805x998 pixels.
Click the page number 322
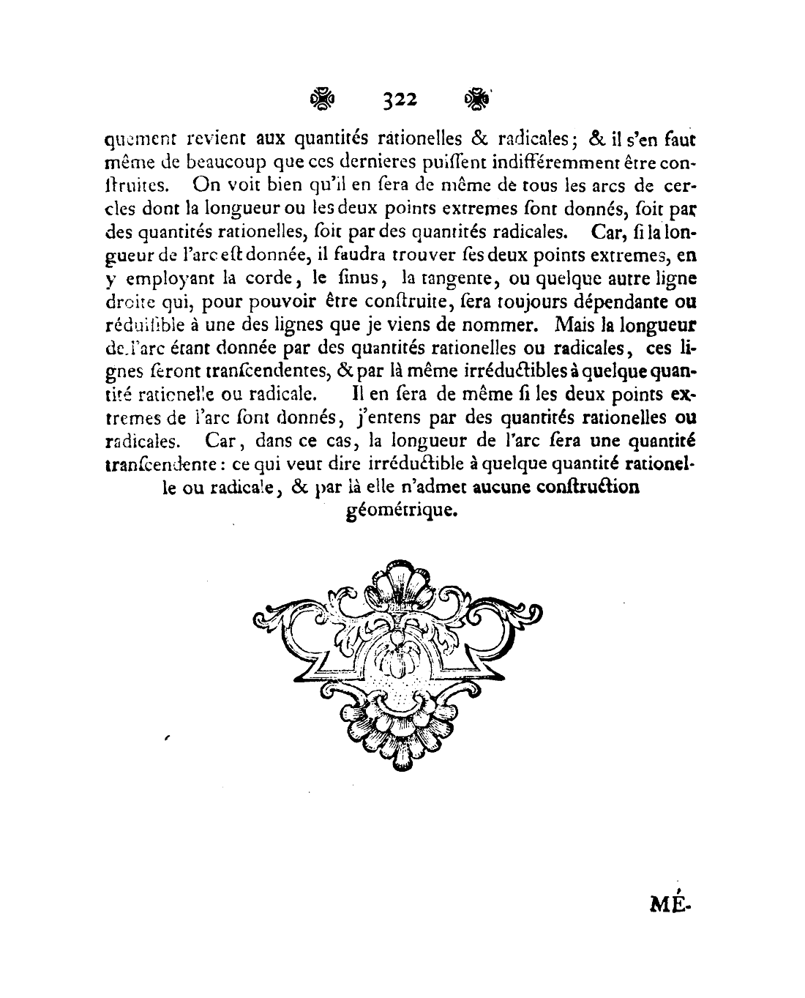click(399, 101)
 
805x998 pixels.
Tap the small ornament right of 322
click(477, 100)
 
